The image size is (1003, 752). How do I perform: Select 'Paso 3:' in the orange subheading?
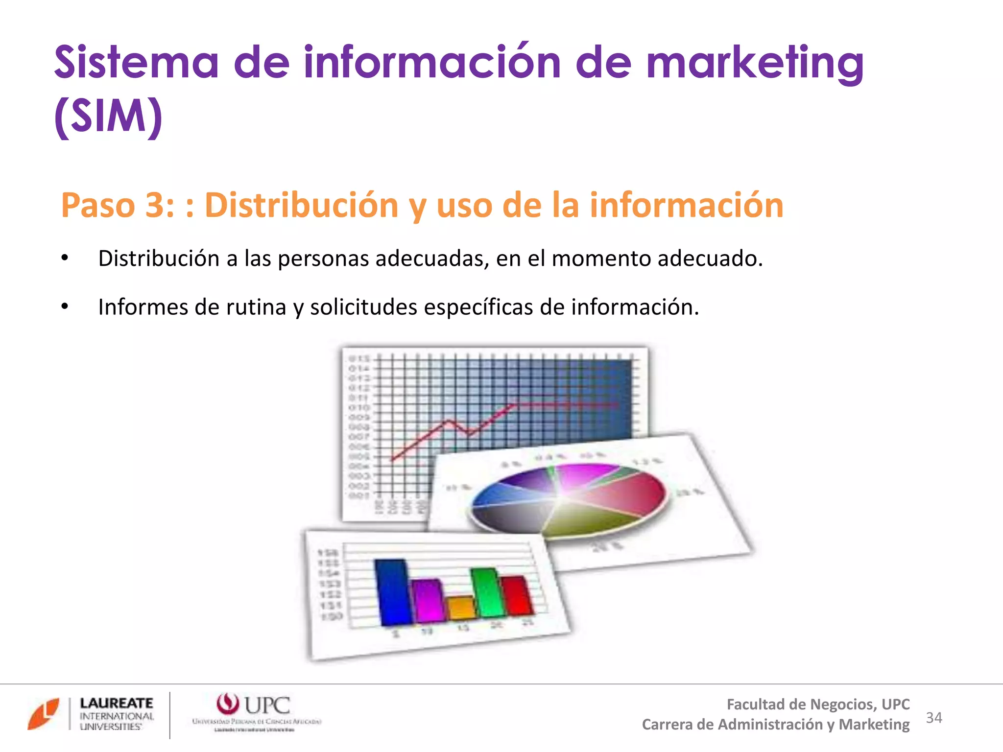[x=118, y=205]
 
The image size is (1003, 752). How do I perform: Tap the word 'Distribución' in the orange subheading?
[x=301, y=205]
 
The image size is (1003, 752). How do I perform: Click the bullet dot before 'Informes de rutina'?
[x=65, y=307]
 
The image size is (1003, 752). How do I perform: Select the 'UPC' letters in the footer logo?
[x=267, y=705]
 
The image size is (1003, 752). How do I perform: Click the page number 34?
[x=934, y=718]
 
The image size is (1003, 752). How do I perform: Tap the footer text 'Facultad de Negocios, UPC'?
[x=818, y=705]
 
